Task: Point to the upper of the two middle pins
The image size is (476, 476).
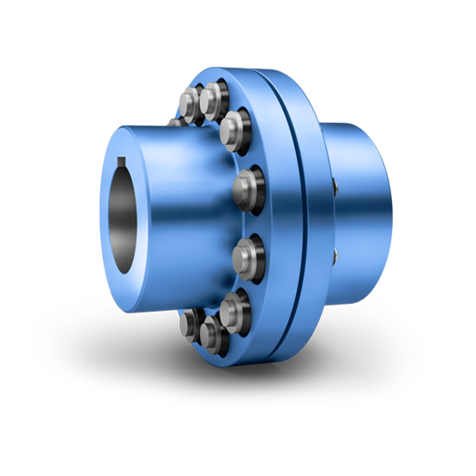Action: [x=247, y=187]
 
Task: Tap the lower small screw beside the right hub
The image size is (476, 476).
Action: [x=336, y=254]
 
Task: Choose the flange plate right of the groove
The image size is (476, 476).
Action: [x=313, y=222]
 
